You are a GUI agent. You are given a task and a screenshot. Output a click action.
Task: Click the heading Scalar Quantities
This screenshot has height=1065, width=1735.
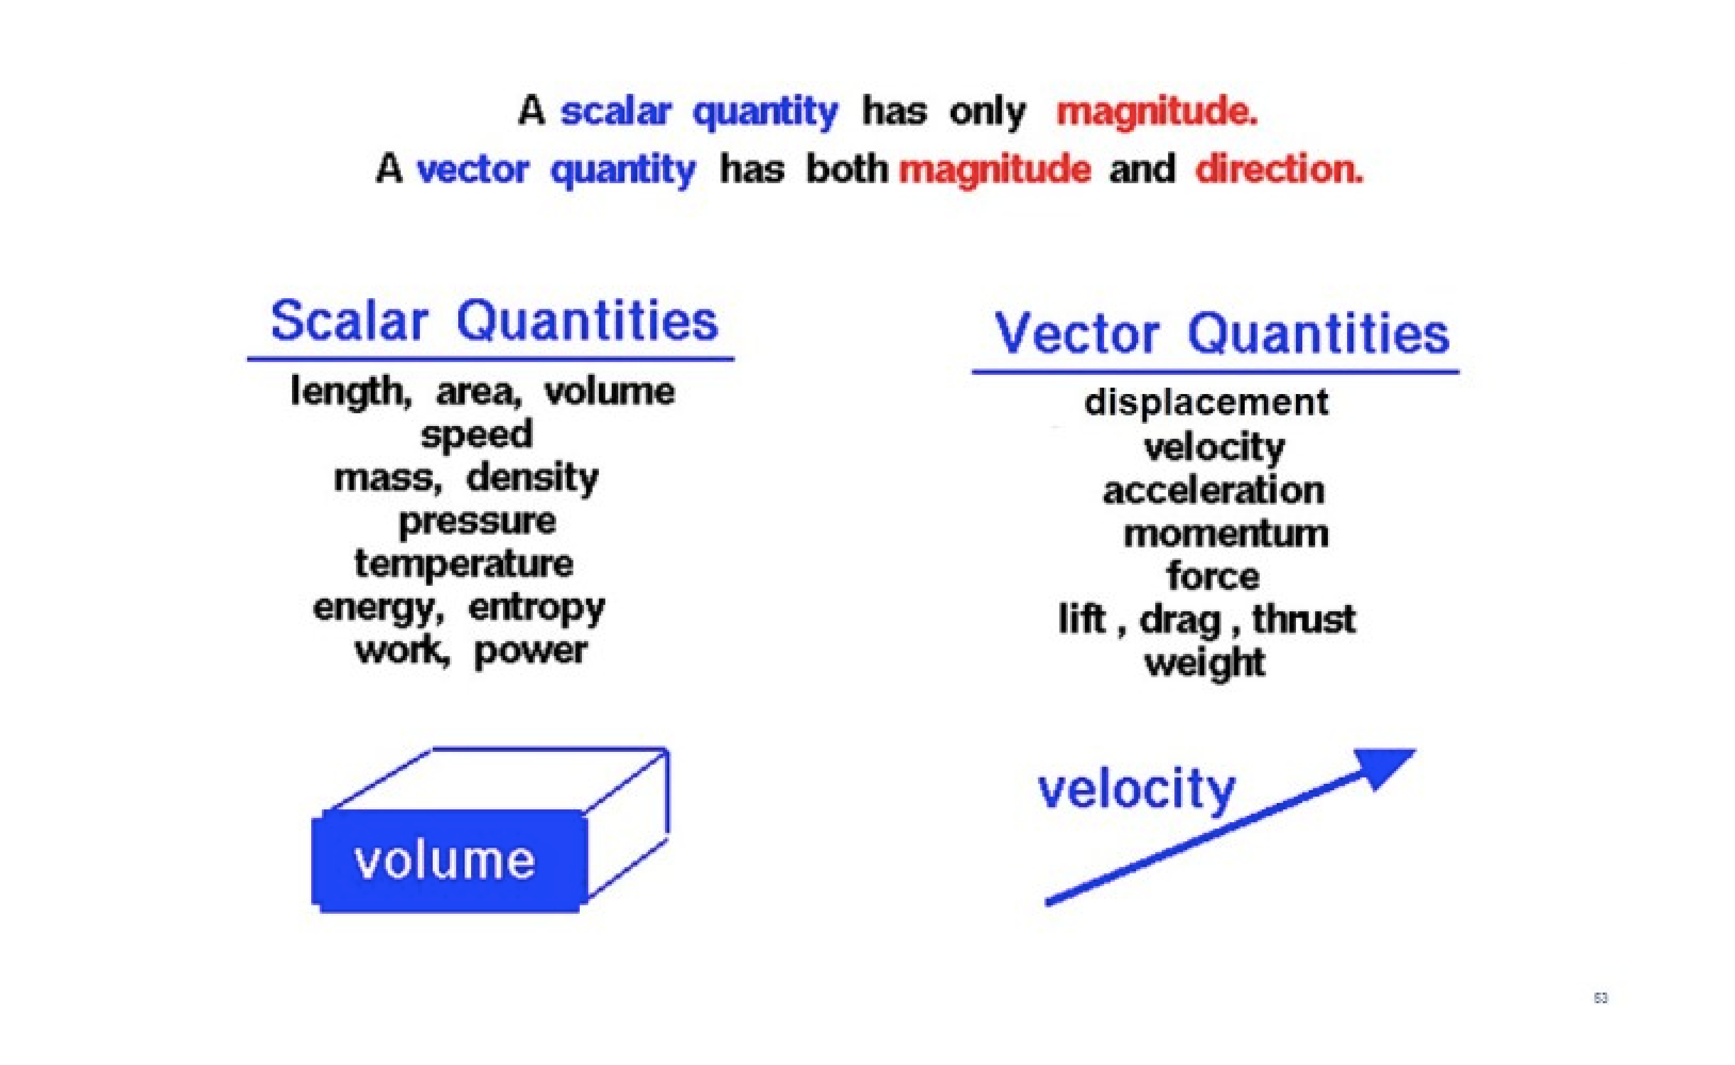click(x=494, y=321)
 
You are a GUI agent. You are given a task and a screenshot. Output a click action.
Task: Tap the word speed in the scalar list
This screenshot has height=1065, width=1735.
click(x=476, y=435)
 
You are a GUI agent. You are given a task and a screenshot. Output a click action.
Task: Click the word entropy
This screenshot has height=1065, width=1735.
click(x=536, y=609)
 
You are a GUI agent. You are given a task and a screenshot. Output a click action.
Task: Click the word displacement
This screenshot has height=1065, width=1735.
click(x=1206, y=404)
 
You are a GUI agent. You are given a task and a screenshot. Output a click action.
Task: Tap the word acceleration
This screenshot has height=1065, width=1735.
click(x=1213, y=491)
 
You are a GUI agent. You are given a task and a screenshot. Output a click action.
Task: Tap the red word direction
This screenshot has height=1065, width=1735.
click(x=1279, y=169)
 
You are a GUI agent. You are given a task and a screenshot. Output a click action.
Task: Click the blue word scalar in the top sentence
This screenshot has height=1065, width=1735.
click(x=616, y=111)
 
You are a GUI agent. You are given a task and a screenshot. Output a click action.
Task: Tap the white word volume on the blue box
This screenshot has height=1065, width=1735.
click(x=444, y=861)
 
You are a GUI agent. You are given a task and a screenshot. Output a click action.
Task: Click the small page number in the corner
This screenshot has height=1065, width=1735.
click(x=1600, y=998)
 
